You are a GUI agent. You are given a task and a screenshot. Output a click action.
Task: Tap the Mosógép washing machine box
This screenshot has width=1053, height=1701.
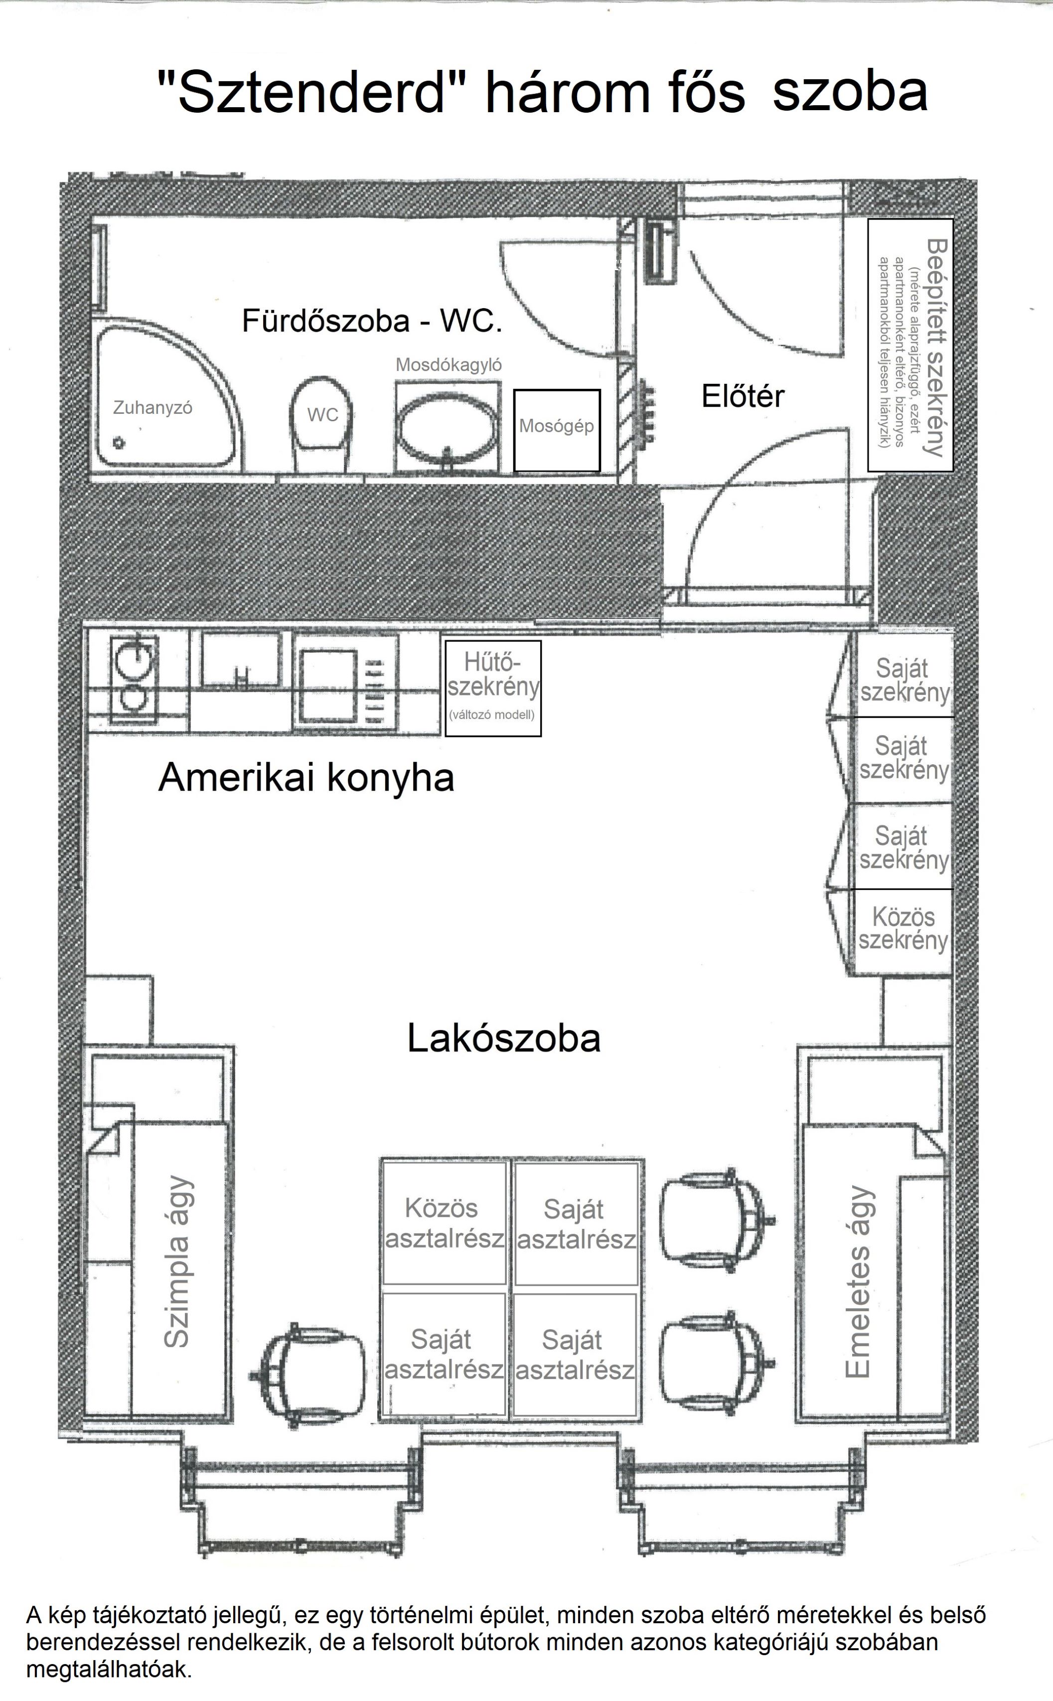557,430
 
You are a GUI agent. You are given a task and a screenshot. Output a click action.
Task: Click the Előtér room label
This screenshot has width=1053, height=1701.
743,396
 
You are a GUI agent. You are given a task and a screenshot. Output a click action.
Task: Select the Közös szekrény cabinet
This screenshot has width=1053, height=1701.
903,931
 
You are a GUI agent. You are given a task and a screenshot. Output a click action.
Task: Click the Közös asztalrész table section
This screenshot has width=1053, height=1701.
444,1223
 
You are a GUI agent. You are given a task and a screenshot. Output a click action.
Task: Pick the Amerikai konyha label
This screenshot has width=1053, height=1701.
306,777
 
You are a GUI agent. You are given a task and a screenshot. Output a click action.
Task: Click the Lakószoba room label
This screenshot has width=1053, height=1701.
503,1038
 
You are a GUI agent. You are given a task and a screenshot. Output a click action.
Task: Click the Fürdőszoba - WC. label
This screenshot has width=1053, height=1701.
372,321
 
